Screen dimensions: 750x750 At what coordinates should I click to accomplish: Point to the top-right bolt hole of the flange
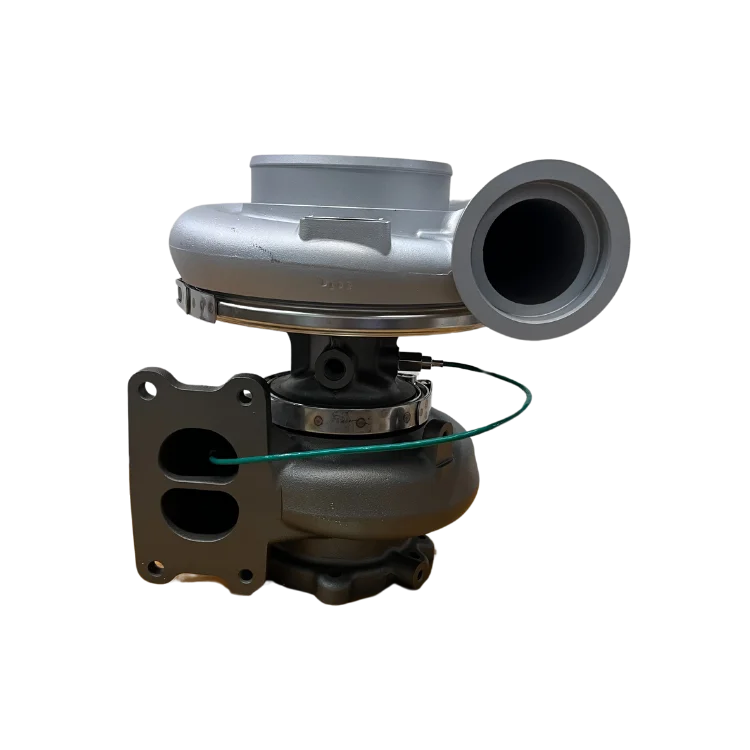[246, 398]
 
